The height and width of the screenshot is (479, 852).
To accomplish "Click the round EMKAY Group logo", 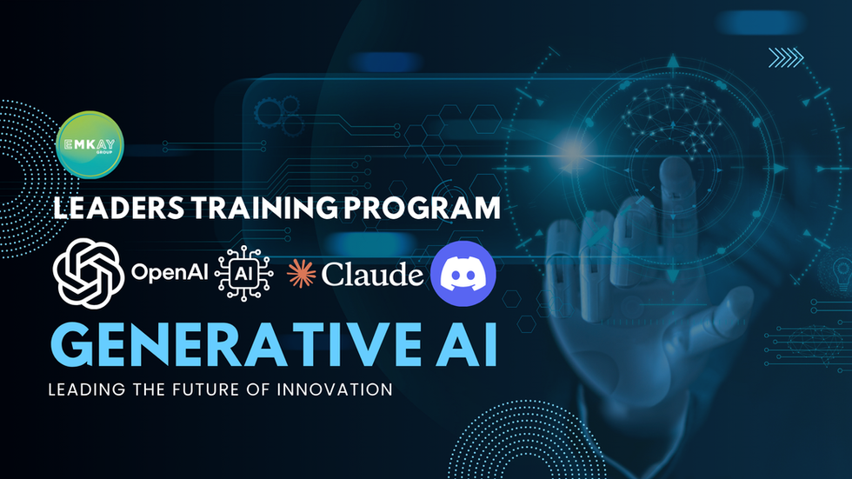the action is (90, 144).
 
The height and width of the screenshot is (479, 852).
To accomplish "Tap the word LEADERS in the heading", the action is (118, 208).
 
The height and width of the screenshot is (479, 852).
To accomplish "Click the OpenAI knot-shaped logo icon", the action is (89, 273).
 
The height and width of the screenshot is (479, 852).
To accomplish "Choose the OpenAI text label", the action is (170, 273).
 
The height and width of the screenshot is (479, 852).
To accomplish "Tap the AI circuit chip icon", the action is (244, 273).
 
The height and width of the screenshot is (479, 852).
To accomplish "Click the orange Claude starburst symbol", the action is (301, 273).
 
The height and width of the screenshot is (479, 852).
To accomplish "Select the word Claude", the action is (372, 274).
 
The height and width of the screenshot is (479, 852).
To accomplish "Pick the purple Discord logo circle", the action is (463, 274).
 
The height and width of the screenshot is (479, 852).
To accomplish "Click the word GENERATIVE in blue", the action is (236, 346).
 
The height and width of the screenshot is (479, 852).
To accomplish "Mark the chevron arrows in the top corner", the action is (786, 57).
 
